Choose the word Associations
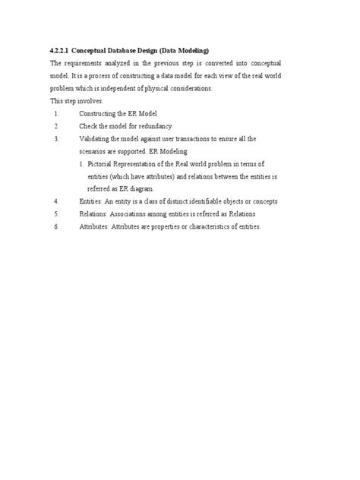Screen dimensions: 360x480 131,214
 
